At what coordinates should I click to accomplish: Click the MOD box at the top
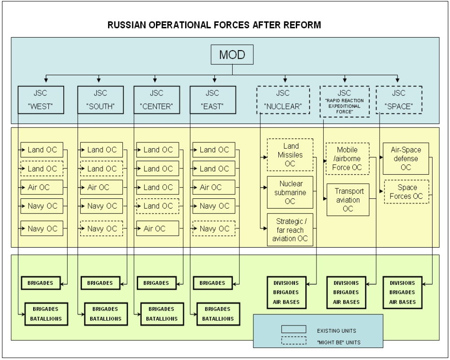click(232, 56)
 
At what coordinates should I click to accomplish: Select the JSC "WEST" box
click(40, 100)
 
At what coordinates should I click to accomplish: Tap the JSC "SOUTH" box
click(100, 100)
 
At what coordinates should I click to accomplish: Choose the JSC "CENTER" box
click(156, 100)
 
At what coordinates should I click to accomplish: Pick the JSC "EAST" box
click(212, 100)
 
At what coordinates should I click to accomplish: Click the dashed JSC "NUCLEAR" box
click(283, 100)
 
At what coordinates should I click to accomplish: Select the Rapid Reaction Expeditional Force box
click(344, 102)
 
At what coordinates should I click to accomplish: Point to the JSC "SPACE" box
click(398, 100)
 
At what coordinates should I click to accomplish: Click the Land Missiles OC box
click(290, 155)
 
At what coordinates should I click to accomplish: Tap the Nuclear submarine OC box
click(290, 192)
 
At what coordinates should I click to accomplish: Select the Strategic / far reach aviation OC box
click(290, 230)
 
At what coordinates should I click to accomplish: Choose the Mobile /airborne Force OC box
click(347, 159)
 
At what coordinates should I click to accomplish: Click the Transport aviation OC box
click(347, 200)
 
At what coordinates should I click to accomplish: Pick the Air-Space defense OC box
click(406, 159)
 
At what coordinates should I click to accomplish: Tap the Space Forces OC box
click(406, 192)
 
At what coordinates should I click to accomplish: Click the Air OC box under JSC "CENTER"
click(157, 228)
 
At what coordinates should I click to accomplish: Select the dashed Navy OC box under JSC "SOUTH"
click(101, 228)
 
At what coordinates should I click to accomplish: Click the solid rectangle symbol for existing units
click(294, 330)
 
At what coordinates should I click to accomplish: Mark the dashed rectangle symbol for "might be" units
click(294, 341)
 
